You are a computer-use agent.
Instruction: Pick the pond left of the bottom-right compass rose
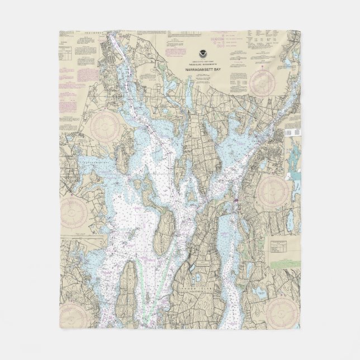tap(259, 292)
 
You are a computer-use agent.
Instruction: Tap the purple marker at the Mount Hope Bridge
tap(237, 202)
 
